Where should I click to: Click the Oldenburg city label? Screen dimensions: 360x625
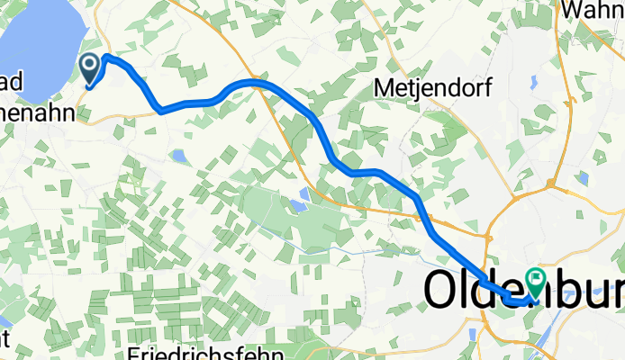522,291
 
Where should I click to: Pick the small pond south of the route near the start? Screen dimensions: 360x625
179,157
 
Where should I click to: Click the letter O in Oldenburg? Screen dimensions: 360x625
441,291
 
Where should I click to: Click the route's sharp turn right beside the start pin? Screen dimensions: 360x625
107,58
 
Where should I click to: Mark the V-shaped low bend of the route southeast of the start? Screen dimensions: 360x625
161,111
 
